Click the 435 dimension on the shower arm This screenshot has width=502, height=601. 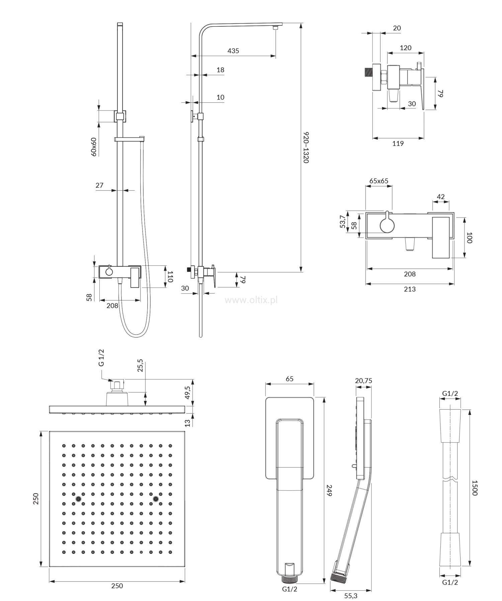point(233,51)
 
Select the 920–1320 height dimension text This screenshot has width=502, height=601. point(306,148)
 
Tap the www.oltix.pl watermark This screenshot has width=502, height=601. point(251,300)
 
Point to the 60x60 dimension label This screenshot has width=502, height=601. point(94,147)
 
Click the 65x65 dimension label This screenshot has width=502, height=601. point(379,181)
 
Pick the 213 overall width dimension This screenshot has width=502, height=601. point(410,289)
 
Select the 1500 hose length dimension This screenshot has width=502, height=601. point(475,488)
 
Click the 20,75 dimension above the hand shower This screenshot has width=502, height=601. point(363,381)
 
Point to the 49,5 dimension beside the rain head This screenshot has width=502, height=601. point(187,392)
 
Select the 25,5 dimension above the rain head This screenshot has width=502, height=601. point(140,366)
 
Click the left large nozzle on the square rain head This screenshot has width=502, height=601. point(78,499)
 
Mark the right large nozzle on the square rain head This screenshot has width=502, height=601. point(156,499)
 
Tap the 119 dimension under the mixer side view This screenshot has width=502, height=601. point(398,144)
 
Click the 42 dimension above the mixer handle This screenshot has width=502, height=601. point(441,197)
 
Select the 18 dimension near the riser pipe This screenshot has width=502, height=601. point(220,70)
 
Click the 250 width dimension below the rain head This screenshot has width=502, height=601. point(117,586)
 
